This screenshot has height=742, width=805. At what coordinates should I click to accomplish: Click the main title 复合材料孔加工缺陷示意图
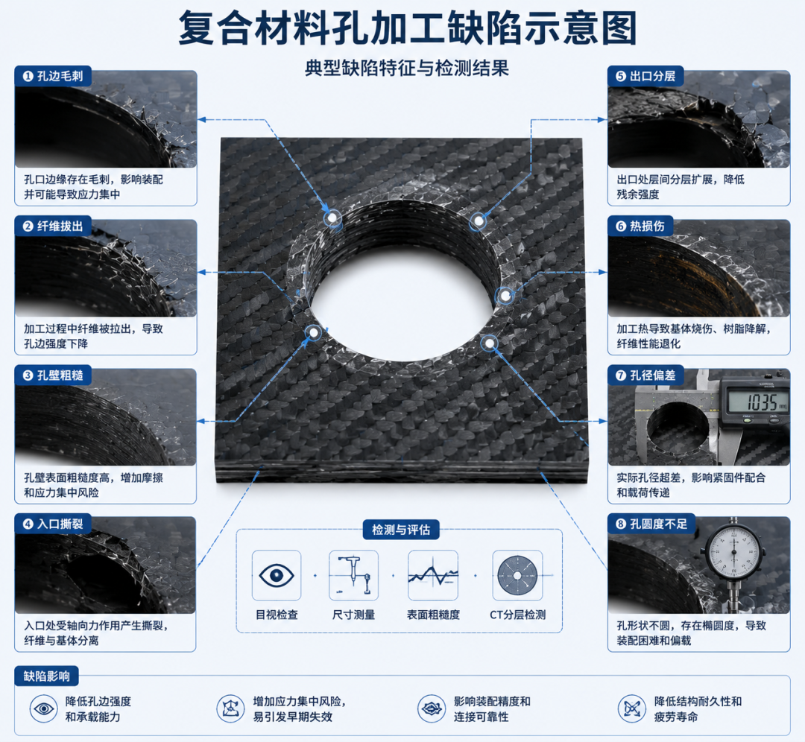point(408,28)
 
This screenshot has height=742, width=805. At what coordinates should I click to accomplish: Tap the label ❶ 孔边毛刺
point(53,76)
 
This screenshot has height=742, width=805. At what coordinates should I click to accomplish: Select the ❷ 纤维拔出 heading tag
point(53,226)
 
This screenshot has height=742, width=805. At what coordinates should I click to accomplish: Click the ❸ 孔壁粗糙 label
point(53,375)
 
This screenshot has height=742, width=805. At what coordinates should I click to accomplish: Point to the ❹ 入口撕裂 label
point(53,524)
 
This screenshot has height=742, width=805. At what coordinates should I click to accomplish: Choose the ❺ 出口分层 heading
point(645,76)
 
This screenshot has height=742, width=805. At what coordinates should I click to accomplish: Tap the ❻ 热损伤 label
point(640,226)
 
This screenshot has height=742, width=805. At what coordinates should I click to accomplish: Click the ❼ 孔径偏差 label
point(645,375)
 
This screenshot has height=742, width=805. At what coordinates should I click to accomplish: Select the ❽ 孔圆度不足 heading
point(651,524)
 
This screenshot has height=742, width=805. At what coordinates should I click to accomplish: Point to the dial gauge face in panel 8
point(733,553)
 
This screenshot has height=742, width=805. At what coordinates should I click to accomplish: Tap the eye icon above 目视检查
point(277,575)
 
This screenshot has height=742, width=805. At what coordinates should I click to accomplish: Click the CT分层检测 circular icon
point(517,576)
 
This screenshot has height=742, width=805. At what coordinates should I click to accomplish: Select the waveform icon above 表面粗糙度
point(433,575)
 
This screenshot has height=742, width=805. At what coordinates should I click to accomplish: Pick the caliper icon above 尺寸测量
point(354,574)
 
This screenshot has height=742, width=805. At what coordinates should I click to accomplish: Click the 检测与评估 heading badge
point(401,530)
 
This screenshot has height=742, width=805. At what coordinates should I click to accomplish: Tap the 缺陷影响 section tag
point(47,676)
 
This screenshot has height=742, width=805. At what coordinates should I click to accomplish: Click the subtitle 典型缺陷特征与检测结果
point(407,69)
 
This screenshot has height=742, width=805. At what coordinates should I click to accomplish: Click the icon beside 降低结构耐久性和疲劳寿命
point(631,708)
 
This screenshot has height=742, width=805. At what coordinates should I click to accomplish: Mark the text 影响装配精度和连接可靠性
point(492,709)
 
